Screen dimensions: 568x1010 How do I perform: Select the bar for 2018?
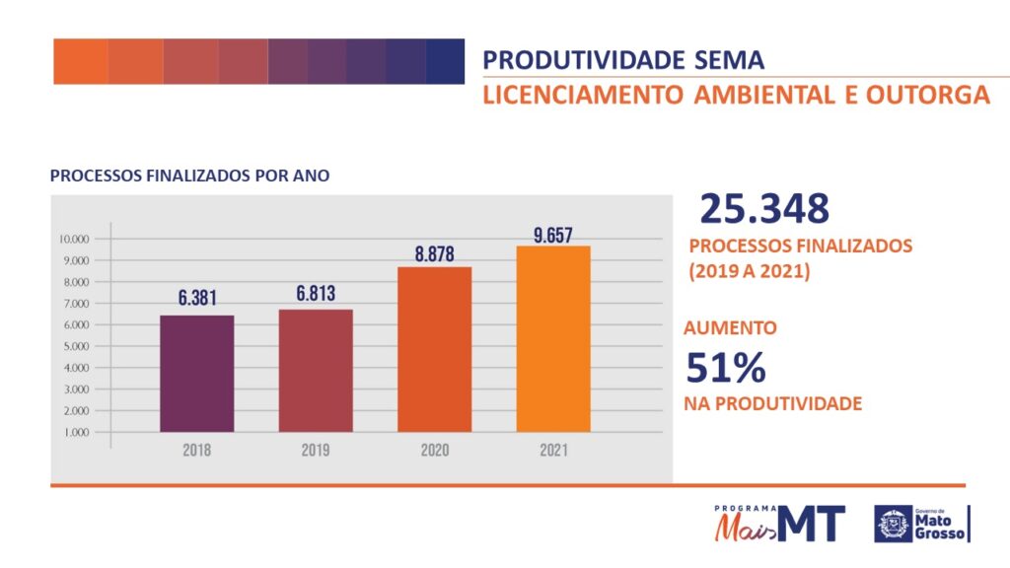click(197, 374)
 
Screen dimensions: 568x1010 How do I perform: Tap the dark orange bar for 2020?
click(434, 349)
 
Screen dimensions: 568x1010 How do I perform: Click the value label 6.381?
click(197, 297)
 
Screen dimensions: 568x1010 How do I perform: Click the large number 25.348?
click(764, 209)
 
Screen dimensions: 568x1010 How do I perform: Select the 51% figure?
click(725, 368)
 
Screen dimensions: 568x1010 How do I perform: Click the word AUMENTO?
click(730, 328)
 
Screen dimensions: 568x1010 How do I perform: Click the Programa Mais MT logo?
click(779, 523)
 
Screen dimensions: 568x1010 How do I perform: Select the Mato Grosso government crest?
click(894, 524)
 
